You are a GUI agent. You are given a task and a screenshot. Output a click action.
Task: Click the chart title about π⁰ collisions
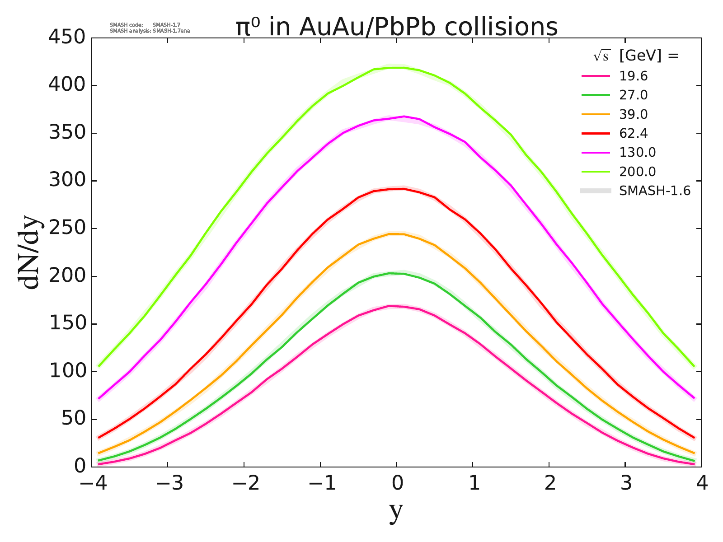point(397,27)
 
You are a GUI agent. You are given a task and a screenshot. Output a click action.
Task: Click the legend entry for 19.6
point(633,76)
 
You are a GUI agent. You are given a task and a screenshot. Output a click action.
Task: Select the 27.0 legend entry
point(633,95)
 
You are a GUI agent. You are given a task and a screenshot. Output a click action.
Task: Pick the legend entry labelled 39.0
point(633,114)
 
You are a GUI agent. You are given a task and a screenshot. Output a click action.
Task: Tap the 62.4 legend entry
point(633,133)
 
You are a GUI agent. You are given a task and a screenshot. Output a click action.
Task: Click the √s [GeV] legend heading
point(636,56)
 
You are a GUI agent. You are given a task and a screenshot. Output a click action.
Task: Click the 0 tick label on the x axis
point(397,484)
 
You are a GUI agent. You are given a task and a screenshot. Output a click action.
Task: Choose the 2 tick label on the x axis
point(549,484)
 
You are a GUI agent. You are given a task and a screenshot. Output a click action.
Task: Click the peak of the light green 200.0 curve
point(396,68)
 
